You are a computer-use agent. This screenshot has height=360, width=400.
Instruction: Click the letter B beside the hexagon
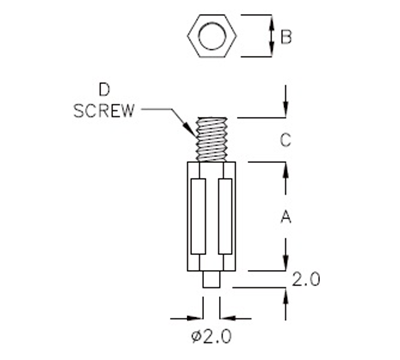click(x=286, y=39)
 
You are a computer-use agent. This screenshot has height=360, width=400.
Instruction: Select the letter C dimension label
click(x=285, y=141)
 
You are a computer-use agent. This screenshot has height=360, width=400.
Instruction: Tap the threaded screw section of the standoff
click(x=213, y=138)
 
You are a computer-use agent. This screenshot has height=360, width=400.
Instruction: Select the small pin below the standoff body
click(x=213, y=279)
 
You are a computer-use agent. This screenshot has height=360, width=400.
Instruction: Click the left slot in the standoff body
click(x=199, y=216)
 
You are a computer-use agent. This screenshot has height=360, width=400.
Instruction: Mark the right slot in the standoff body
click(x=226, y=216)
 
